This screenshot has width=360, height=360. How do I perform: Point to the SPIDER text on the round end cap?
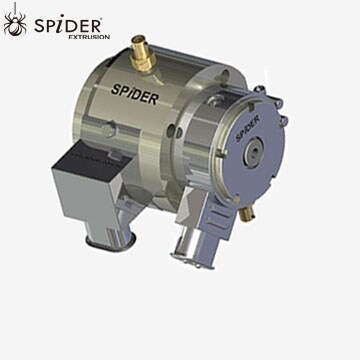(246, 126)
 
